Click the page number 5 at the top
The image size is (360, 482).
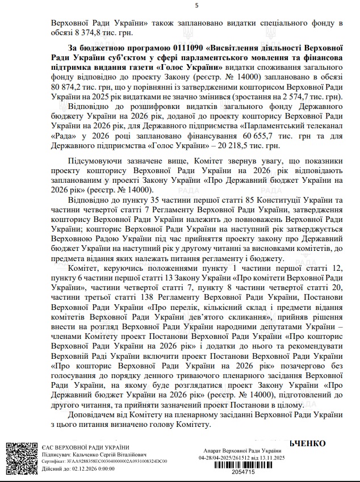(197, 5)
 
